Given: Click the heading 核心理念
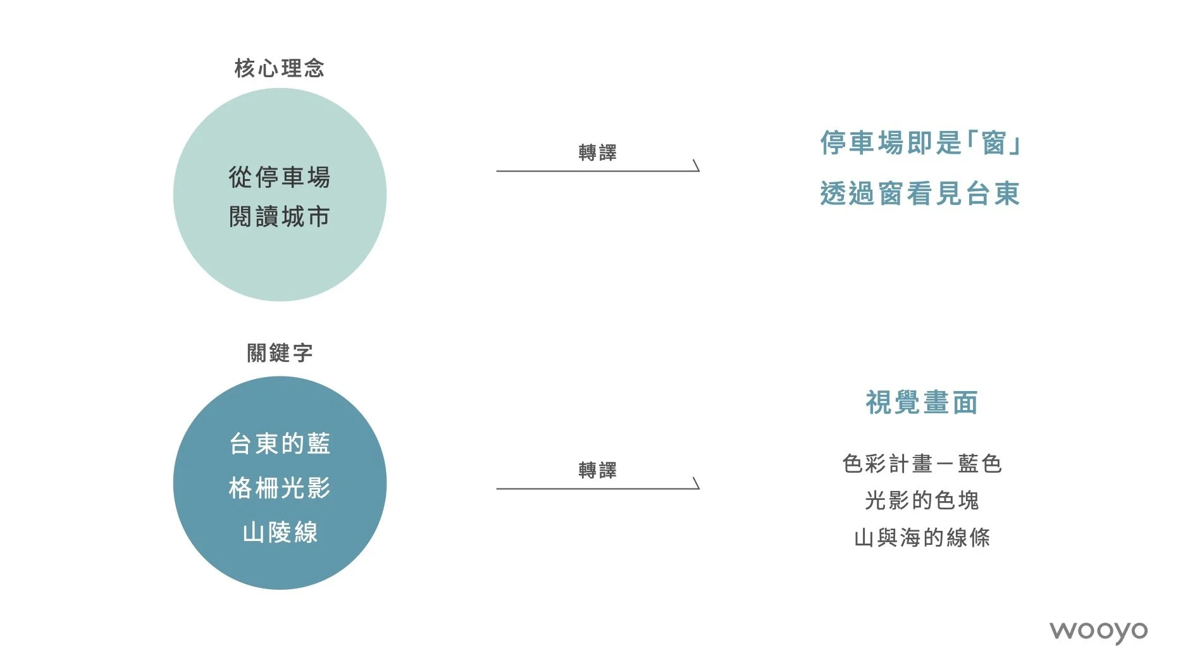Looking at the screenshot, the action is [279, 68].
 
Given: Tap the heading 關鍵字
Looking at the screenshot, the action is [280, 353].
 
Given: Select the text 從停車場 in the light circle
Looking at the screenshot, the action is [279, 177].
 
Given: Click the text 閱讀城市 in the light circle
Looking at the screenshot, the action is [279, 217].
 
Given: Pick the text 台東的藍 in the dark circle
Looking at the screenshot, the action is [280, 444].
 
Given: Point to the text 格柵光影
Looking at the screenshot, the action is [280, 488].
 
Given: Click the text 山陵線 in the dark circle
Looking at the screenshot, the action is [280, 532].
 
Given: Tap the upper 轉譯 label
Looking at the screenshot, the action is [597, 152].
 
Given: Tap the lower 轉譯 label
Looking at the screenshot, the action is [597, 470].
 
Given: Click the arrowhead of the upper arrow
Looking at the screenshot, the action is [696, 166].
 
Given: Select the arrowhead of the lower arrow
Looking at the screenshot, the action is [696, 484].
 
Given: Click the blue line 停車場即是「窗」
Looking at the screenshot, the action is [920, 143].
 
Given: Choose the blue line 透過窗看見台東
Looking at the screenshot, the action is [920, 194].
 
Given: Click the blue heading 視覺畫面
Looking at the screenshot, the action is [922, 402].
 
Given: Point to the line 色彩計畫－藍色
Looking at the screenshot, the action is [922, 464].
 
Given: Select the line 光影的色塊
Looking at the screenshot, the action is [922, 501].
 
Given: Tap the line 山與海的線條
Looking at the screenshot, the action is [922, 538].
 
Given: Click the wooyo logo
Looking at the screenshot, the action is [1098, 632].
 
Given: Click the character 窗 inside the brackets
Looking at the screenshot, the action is [994, 143].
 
